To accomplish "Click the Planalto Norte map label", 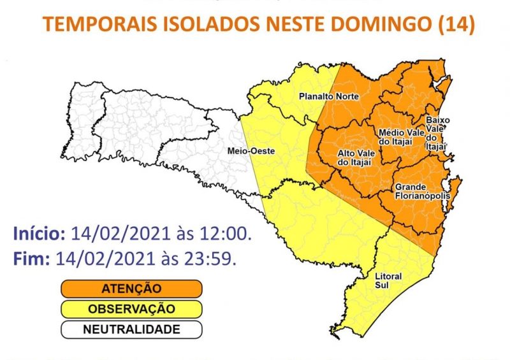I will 329,97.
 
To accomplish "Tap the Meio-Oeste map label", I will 245,151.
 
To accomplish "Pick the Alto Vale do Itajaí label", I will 354,158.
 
